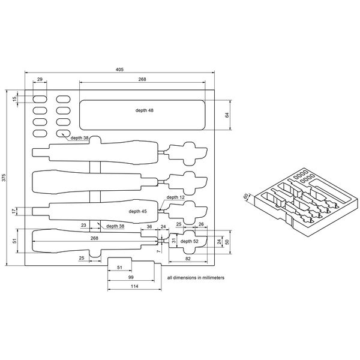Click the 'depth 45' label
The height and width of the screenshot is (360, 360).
pos(137,211)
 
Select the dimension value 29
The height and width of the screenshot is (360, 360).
pos(40,79)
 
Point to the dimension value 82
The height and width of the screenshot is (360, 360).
pos(189,258)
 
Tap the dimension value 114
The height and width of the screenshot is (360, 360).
pos(134,288)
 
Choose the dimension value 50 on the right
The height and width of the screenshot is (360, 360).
pos(227,241)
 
